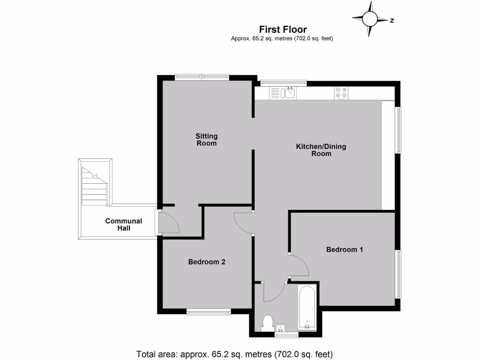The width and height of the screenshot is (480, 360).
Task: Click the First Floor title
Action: click(x=283, y=30)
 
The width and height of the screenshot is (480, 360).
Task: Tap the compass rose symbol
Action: click(x=370, y=19)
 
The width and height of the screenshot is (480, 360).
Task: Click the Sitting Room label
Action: click(x=206, y=140)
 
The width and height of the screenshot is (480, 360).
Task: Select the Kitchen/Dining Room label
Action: click(x=321, y=150)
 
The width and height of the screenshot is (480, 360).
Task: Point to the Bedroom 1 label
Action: click(x=345, y=250)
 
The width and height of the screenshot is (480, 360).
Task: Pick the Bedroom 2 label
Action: click(x=207, y=262)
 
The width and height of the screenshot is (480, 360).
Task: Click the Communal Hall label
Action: click(x=124, y=225)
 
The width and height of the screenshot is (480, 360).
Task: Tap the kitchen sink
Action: click(x=284, y=93)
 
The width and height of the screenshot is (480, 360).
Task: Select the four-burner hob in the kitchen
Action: click(x=340, y=93)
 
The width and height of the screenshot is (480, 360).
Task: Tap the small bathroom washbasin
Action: click(x=282, y=327)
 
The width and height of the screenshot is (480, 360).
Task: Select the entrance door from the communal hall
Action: click(x=168, y=222)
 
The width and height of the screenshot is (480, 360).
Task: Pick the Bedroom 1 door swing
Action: click(x=299, y=265)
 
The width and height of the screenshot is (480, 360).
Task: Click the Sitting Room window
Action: click(x=202, y=77)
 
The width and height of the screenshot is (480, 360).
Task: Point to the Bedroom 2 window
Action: click(x=209, y=311)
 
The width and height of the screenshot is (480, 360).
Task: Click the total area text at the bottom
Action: click(x=234, y=353)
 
